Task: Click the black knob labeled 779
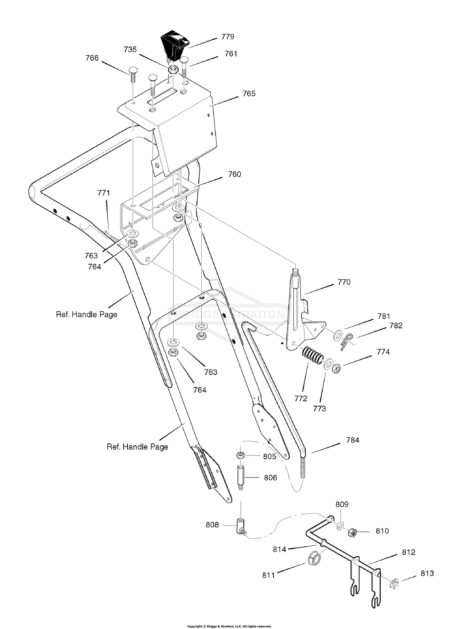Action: point(174,44)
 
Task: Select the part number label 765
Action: point(249,94)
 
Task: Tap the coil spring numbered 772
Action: point(312,356)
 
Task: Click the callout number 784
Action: point(353,440)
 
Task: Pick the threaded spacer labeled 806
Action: point(240,478)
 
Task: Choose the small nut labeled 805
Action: point(240,456)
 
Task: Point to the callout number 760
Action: point(234,174)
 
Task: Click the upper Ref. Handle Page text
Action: point(87,314)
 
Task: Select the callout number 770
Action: point(344,282)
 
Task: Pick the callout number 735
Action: point(130,50)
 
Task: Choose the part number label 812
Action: point(409,552)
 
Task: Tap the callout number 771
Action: point(103,193)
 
